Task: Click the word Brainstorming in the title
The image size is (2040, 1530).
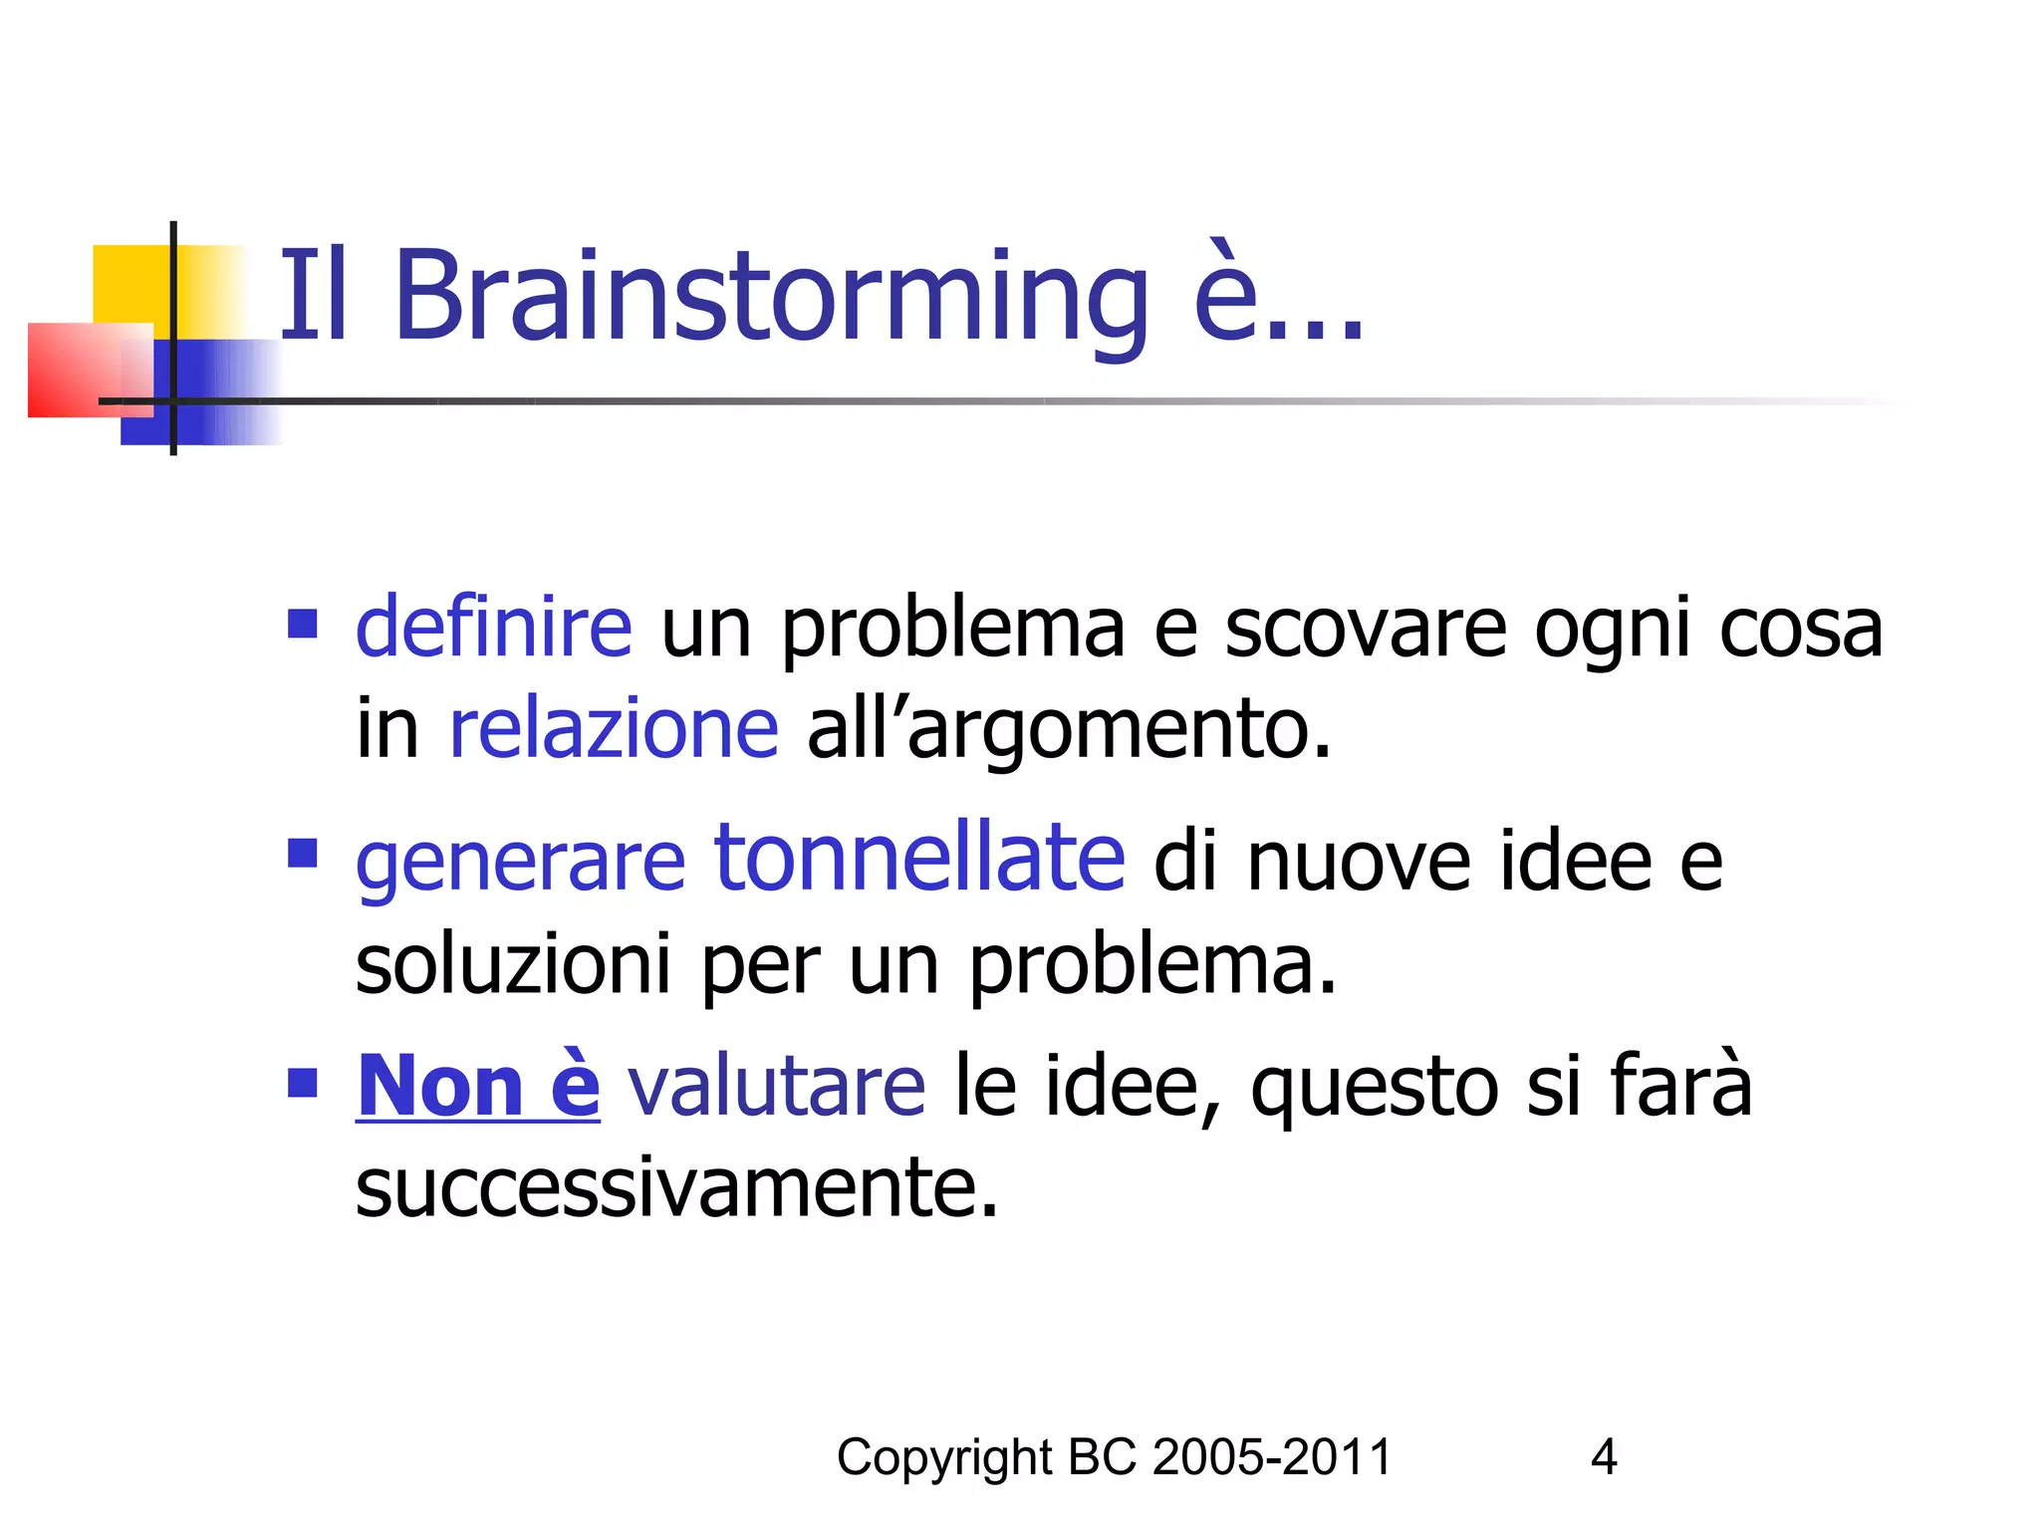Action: pyautogui.click(x=772, y=296)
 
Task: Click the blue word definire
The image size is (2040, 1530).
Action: pyautogui.click(x=493, y=628)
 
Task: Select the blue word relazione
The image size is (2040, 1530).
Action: pyautogui.click(x=614, y=729)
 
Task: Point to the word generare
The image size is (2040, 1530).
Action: pyautogui.click(x=520, y=863)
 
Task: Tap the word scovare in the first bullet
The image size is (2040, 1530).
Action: pyautogui.click(x=1365, y=628)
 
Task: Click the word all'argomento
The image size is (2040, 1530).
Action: pyautogui.click(x=1068, y=729)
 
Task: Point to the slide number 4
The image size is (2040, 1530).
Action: pyautogui.click(x=1604, y=1457)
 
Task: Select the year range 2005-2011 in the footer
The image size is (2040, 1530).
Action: pyautogui.click(x=1272, y=1457)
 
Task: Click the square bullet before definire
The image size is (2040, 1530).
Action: pyautogui.click(x=302, y=625)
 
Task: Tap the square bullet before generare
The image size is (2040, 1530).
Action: pyautogui.click(x=302, y=854)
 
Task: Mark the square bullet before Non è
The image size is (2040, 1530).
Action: pyautogui.click(x=302, y=1082)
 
